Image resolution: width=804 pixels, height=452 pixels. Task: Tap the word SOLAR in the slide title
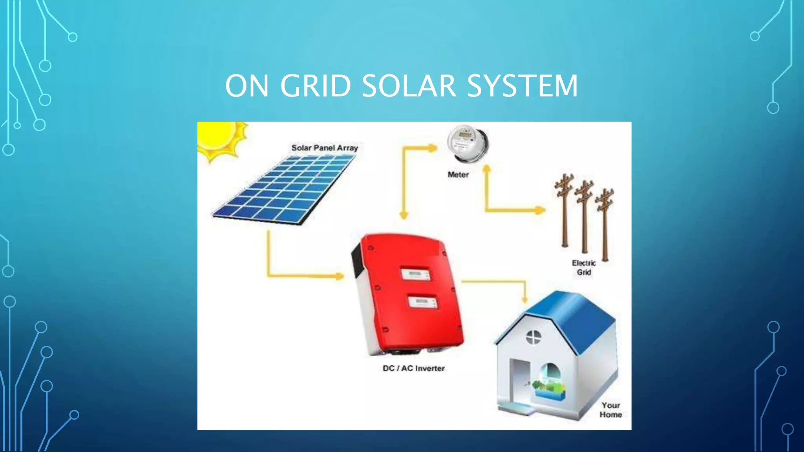click(x=409, y=86)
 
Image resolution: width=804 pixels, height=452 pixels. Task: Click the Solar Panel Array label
click(x=324, y=148)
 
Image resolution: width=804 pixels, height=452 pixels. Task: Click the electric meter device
click(x=467, y=143)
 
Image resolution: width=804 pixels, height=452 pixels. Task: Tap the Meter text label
click(x=458, y=175)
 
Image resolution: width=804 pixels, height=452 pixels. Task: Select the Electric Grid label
click(x=584, y=268)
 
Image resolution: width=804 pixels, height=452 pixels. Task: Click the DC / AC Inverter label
click(x=414, y=368)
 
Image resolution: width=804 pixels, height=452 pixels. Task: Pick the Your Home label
click(x=610, y=410)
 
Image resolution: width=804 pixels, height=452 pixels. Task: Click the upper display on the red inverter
click(x=415, y=273)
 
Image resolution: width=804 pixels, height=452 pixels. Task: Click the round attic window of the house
click(x=534, y=337)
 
